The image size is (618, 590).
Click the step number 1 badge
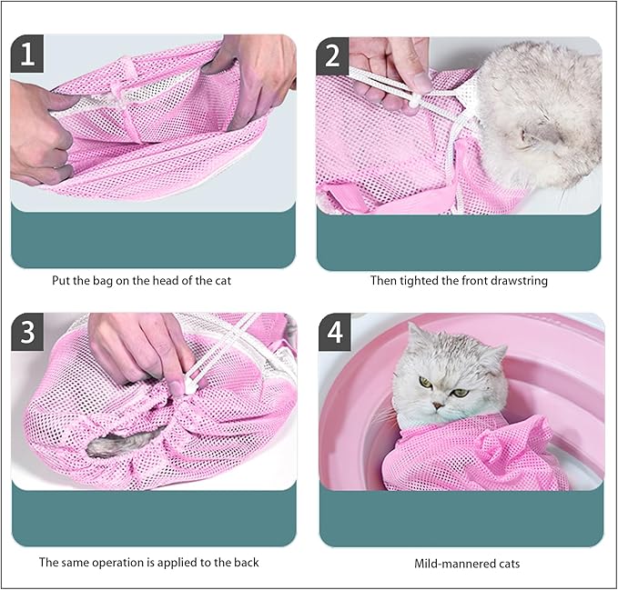(x=28, y=56)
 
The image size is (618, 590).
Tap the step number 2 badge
(x=333, y=56)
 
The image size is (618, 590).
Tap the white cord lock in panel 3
(x=192, y=385)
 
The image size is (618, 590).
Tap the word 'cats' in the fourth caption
(x=507, y=564)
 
